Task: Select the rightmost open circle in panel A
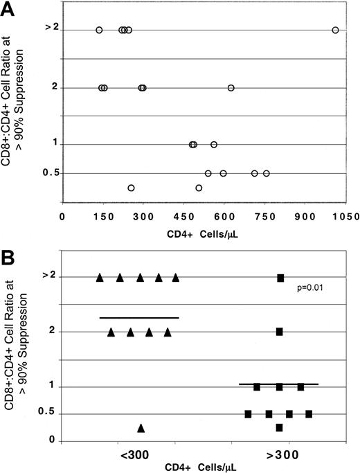335,30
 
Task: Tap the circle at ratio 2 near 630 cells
231,88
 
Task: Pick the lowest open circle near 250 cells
131,188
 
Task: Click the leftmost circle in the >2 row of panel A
99,30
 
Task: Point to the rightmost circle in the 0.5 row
266,173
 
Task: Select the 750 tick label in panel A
264,215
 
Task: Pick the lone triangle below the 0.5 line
141,428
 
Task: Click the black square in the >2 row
280,278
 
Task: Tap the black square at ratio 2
279,332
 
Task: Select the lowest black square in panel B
279,427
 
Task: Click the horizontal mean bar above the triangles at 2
139,318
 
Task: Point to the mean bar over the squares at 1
278,384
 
